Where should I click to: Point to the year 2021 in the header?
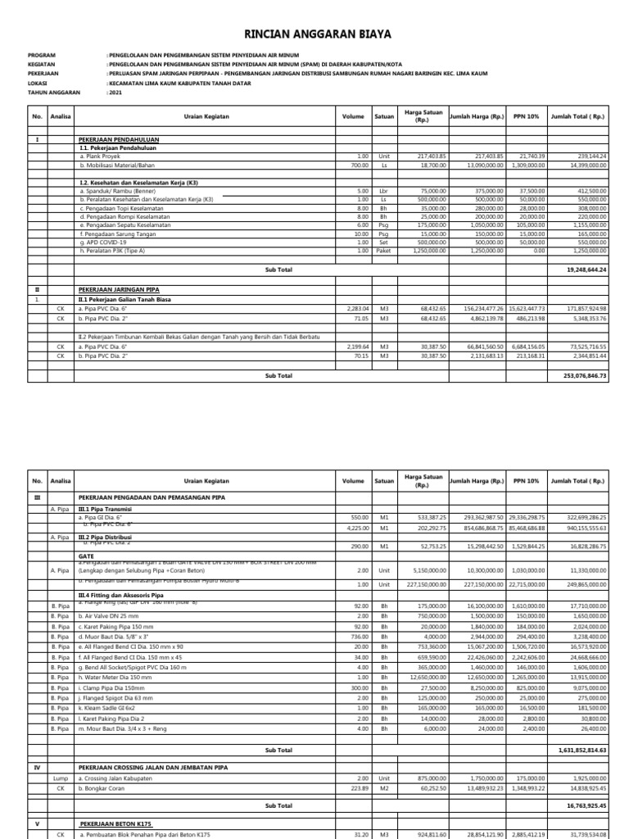point(114,92)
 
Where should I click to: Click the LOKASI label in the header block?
point(38,84)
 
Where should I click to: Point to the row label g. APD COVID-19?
point(103,243)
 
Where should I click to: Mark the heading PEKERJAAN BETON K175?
point(115,822)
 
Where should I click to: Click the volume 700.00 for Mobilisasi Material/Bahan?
point(360,165)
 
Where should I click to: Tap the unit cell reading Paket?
point(383,251)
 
